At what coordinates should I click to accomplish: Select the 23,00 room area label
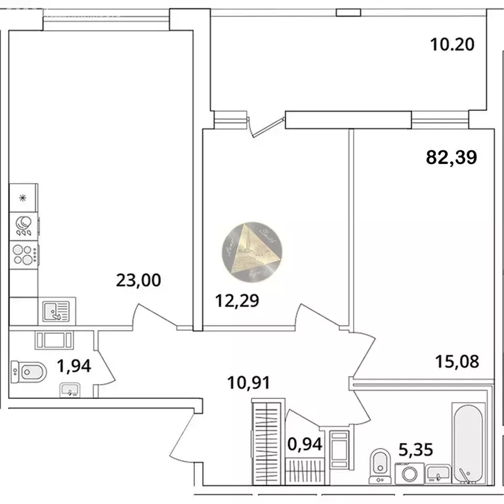click(138, 281)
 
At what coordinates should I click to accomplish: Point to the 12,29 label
click(238, 301)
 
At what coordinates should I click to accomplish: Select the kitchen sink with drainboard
click(56, 310)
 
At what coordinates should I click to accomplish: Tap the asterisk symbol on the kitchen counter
click(24, 198)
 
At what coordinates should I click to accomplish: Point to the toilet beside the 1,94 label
click(29, 373)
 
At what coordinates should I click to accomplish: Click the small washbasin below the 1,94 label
click(70, 390)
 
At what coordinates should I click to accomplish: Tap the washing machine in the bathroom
click(409, 473)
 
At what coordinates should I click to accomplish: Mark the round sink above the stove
click(24, 226)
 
